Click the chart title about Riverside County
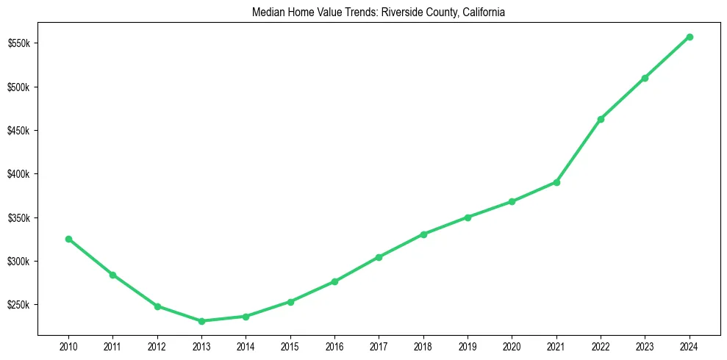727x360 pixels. (378, 13)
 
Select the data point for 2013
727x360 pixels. (201, 321)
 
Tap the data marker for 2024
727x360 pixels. (690, 37)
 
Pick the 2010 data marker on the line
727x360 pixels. (68, 239)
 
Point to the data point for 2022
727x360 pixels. (601, 119)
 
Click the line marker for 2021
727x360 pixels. (556, 182)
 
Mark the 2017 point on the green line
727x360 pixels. (379, 257)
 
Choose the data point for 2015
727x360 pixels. (290, 302)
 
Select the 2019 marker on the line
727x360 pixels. (468, 217)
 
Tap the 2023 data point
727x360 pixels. (645, 78)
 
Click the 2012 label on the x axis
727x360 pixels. (157, 345)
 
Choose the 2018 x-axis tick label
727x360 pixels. (423, 345)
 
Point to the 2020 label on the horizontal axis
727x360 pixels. (512, 345)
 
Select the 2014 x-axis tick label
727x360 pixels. (246, 345)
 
